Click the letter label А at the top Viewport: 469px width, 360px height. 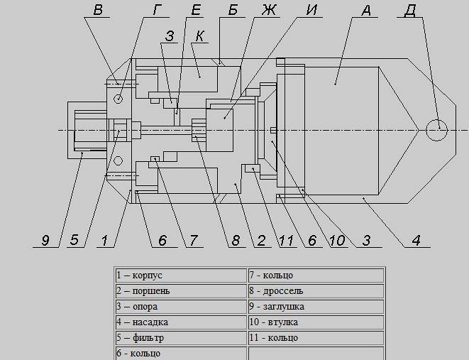[365, 11]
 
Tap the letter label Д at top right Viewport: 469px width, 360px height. [409, 11]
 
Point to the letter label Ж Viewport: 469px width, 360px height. [268, 11]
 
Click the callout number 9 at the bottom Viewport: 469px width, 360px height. [45, 241]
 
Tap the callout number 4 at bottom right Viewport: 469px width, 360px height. [416, 241]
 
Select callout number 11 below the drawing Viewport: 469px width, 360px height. [286, 241]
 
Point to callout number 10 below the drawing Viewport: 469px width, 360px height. [337, 241]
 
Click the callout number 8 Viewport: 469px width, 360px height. [236, 241]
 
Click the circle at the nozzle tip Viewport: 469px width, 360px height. [438, 129]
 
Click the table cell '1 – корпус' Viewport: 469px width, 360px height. [180, 276]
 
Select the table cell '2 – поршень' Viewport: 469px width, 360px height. [180, 291]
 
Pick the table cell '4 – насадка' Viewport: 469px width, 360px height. [180, 322]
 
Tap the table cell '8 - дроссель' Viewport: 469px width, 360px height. [315, 291]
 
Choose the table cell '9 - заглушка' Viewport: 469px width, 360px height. [315, 307]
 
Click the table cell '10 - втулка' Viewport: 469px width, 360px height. [315, 322]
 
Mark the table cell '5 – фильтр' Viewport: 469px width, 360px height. [180, 338]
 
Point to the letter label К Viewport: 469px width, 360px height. [202, 36]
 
